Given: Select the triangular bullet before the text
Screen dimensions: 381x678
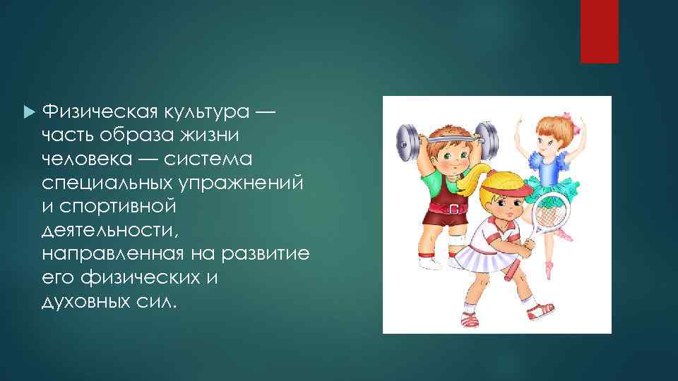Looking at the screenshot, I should pyautogui.click(x=28, y=111).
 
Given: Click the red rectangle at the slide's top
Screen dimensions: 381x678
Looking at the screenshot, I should pyautogui.click(x=599, y=32).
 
